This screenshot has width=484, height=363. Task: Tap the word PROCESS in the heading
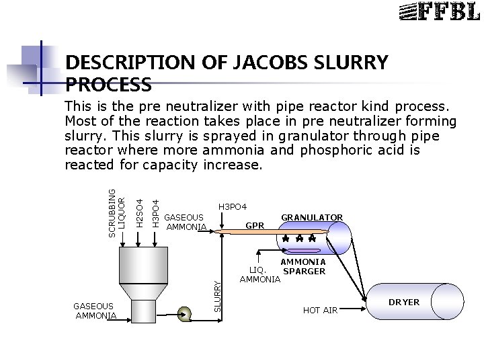[x=108, y=85]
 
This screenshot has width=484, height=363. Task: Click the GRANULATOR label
[x=312, y=217]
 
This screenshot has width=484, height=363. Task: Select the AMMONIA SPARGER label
[x=303, y=266]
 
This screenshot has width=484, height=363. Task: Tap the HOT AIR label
[x=321, y=309]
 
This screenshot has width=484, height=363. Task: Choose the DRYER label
[x=404, y=302]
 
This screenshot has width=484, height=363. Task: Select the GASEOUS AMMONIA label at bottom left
[x=95, y=310]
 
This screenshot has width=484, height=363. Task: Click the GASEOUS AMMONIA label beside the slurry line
[x=184, y=223]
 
